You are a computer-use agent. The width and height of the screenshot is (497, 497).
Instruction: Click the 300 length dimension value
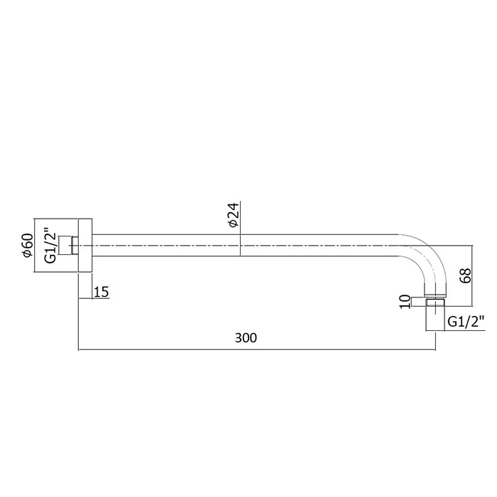246,338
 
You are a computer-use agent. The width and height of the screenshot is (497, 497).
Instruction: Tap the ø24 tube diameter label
234,215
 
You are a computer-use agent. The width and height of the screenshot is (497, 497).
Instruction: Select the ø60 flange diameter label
27,245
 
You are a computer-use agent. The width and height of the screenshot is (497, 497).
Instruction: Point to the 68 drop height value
465,275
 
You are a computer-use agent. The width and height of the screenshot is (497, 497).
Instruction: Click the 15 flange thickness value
102,292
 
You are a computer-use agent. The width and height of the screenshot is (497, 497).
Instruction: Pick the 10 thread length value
405,302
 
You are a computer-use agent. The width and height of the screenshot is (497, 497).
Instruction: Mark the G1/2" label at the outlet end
466,322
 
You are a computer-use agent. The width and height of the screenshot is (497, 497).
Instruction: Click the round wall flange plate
85,246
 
